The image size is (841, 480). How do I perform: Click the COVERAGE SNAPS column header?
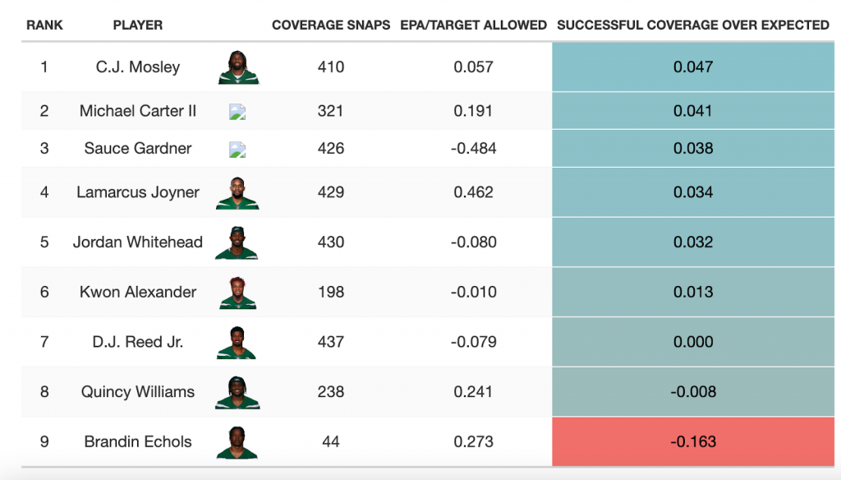coord(331,25)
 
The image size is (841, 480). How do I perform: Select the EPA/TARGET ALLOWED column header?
coord(473,25)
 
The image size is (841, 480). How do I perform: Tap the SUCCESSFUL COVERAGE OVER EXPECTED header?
coord(692,25)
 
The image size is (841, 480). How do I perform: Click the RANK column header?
coord(44,25)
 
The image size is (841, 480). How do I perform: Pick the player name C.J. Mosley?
coord(138,67)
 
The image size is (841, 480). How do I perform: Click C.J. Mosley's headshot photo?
coord(238,67)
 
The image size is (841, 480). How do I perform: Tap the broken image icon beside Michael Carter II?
coord(237,112)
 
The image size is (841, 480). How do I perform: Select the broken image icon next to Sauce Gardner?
coord(237,150)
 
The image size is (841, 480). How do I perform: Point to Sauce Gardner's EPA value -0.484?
coord(473,149)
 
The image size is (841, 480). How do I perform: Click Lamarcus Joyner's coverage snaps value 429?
coord(331,192)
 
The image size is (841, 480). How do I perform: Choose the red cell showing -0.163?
coord(693,441)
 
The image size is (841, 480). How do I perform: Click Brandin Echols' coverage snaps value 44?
coord(331,441)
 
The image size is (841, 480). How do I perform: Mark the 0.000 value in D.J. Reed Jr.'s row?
coord(693,342)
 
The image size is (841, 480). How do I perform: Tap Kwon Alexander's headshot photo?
coord(238,293)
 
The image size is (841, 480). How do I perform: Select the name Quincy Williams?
coord(138,392)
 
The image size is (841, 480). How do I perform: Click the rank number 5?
coord(44,242)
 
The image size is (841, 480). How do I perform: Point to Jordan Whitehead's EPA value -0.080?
coord(473,242)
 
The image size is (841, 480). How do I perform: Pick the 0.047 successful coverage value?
coord(693,67)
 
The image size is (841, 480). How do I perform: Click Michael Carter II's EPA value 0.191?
coord(473,111)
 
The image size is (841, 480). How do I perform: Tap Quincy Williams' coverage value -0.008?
coord(693,392)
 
